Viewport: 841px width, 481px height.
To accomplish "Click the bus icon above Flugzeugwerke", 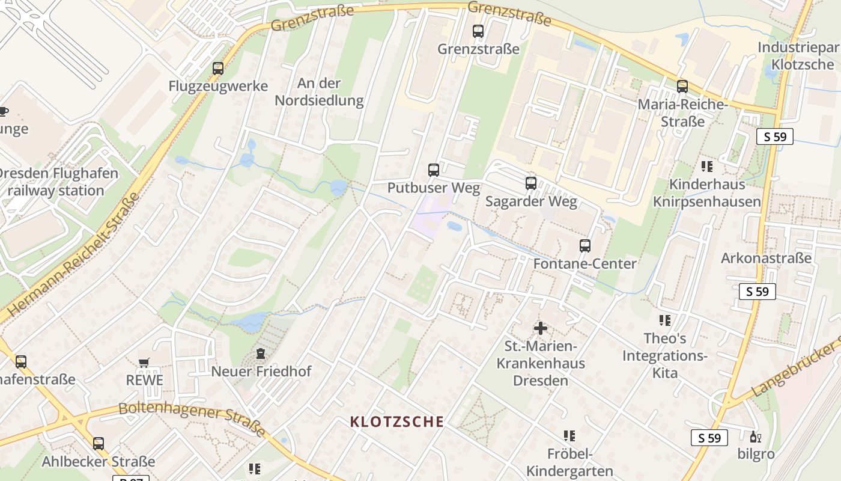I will pyautogui.click(x=218, y=69).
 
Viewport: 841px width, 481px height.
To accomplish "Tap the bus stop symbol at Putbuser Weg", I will pyautogui.click(x=434, y=170).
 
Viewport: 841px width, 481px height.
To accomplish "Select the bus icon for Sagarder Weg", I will pyautogui.click(x=531, y=183).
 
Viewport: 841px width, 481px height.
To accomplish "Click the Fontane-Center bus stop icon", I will pyautogui.click(x=585, y=246).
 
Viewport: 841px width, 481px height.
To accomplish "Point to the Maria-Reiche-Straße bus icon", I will pyautogui.click(x=682, y=87).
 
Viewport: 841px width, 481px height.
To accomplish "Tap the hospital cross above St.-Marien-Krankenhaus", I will pyautogui.click(x=541, y=328).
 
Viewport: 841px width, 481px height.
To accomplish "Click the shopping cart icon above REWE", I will pyautogui.click(x=144, y=363).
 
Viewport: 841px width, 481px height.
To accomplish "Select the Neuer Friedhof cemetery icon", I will pyautogui.click(x=261, y=354).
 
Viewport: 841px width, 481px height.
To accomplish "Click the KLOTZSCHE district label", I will pyautogui.click(x=397, y=421).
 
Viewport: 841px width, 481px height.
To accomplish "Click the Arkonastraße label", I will pyautogui.click(x=766, y=259).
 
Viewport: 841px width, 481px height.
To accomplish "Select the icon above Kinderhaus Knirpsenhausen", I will pyautogui.click(x=707, y=166).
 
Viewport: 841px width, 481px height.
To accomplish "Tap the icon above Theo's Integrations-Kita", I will pyautogui.click(x=664, y=320).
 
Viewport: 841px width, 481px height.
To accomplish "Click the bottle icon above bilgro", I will pyautogui.click(x=755, y=437).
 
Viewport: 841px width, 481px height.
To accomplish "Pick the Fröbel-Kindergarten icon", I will pyautogui.click(x=569, y=436).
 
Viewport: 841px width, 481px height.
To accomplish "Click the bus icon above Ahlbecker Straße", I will pyautogui.click(x=99, y=444).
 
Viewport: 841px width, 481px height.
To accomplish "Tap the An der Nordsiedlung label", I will pyautogui.click(x=319, y=91).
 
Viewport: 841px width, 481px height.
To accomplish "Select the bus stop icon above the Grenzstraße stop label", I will pyautogui.click(x=478, y=31).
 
